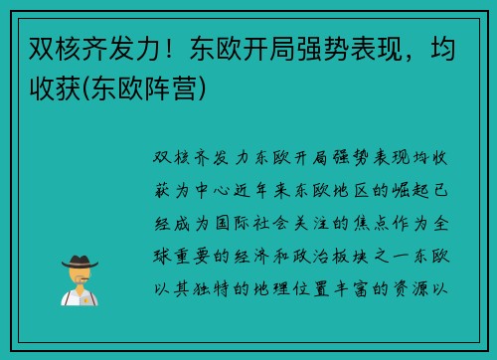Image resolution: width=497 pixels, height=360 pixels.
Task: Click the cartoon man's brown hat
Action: tap(80, 261)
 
